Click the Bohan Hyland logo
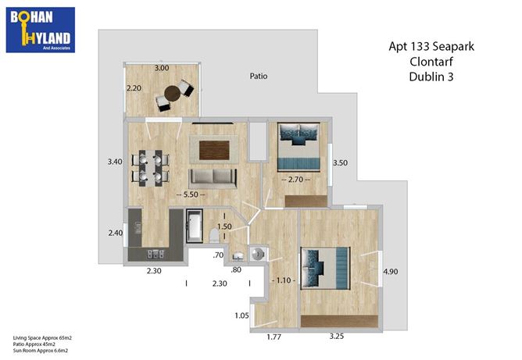point(41,30)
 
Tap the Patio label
point(259,77)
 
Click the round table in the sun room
point(172,94)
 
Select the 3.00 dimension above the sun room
point(162,68)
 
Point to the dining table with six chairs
point(150,168)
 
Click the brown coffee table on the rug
point(214,151)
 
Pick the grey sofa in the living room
point(213,178)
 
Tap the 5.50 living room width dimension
point(191,194)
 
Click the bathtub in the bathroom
point(194,226)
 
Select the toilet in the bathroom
point(214,235)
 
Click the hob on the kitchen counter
point(156,255)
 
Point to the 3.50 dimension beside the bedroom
point(340,163)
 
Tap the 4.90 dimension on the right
point(390,272)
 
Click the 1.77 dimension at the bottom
point(274,337)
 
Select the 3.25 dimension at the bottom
point(337,337)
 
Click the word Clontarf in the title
point(431,62)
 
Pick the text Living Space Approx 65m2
point(42,338)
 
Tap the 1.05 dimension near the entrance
point(241,315)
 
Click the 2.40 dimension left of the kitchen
point(116,233)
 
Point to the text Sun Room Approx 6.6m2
point(41,351)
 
